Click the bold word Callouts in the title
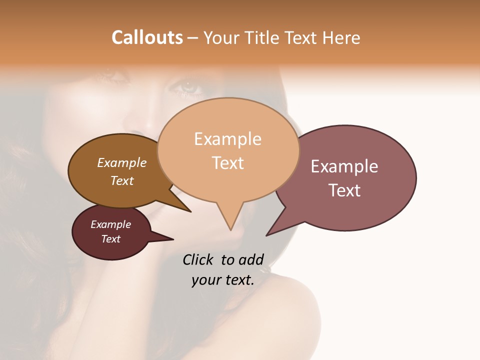147,37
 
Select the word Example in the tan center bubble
227,139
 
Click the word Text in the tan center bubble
227,163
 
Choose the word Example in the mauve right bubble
344,166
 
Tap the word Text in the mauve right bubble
344,190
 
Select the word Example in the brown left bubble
122,162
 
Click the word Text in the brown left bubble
122,180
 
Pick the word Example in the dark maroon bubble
110,224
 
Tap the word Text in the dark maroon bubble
110,239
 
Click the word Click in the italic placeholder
198,259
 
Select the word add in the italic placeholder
251,259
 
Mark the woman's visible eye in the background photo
188,87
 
